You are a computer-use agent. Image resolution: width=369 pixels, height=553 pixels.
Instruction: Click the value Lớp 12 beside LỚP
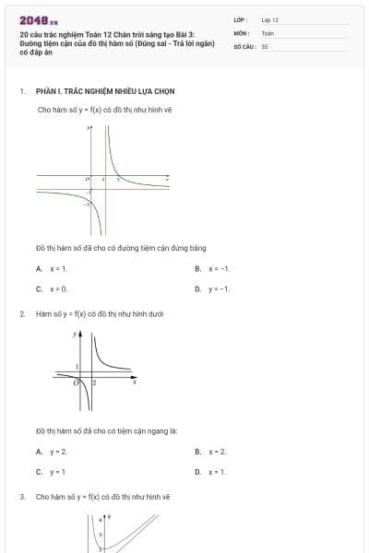pos(269,19)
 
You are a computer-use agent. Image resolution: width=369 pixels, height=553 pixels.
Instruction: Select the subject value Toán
pos(268,32)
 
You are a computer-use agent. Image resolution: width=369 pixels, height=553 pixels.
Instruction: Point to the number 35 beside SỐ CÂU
pos(265,45)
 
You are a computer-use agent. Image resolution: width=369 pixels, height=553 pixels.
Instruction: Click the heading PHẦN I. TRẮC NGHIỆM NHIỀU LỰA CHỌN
pos(105,91)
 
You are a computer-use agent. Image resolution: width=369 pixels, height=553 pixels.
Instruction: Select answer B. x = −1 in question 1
pos(219,268)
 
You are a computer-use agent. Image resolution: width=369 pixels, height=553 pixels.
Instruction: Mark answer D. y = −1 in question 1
pos(219,288)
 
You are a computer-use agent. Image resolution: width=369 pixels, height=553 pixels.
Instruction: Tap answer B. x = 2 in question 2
pos(218,452)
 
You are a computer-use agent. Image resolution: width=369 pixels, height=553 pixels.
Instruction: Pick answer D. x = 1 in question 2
pos(218,472)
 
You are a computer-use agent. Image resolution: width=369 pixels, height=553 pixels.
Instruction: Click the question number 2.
pos(21,314)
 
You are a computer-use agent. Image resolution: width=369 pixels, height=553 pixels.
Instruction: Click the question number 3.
pos(21,497)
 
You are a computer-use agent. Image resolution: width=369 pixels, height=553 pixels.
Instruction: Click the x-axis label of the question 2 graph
pos(134,381)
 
